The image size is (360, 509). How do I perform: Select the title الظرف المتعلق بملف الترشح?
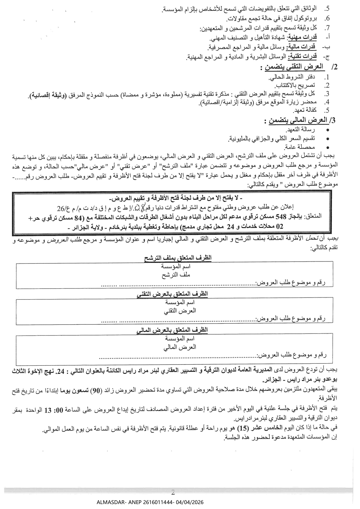pos(178,258)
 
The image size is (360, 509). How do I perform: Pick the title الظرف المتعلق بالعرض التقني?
pos(172,294)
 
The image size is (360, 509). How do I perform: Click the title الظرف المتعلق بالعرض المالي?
pos(172,330)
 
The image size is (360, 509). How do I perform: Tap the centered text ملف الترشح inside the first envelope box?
pos(176,275)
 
